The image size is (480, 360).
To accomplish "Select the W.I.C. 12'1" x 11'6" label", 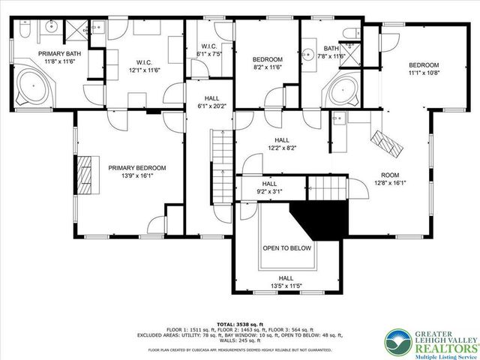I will pos(145,65).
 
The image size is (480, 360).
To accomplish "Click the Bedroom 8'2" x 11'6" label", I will pos(266,63).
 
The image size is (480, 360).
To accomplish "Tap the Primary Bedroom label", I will pos(136,172).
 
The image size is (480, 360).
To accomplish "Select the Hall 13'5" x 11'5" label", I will pos(286,280).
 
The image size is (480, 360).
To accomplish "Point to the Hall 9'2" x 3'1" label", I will pos(268,187).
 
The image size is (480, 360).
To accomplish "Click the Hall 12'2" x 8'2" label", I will pos(282,144).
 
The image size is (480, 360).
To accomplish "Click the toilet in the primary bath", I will pos(21,33).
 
